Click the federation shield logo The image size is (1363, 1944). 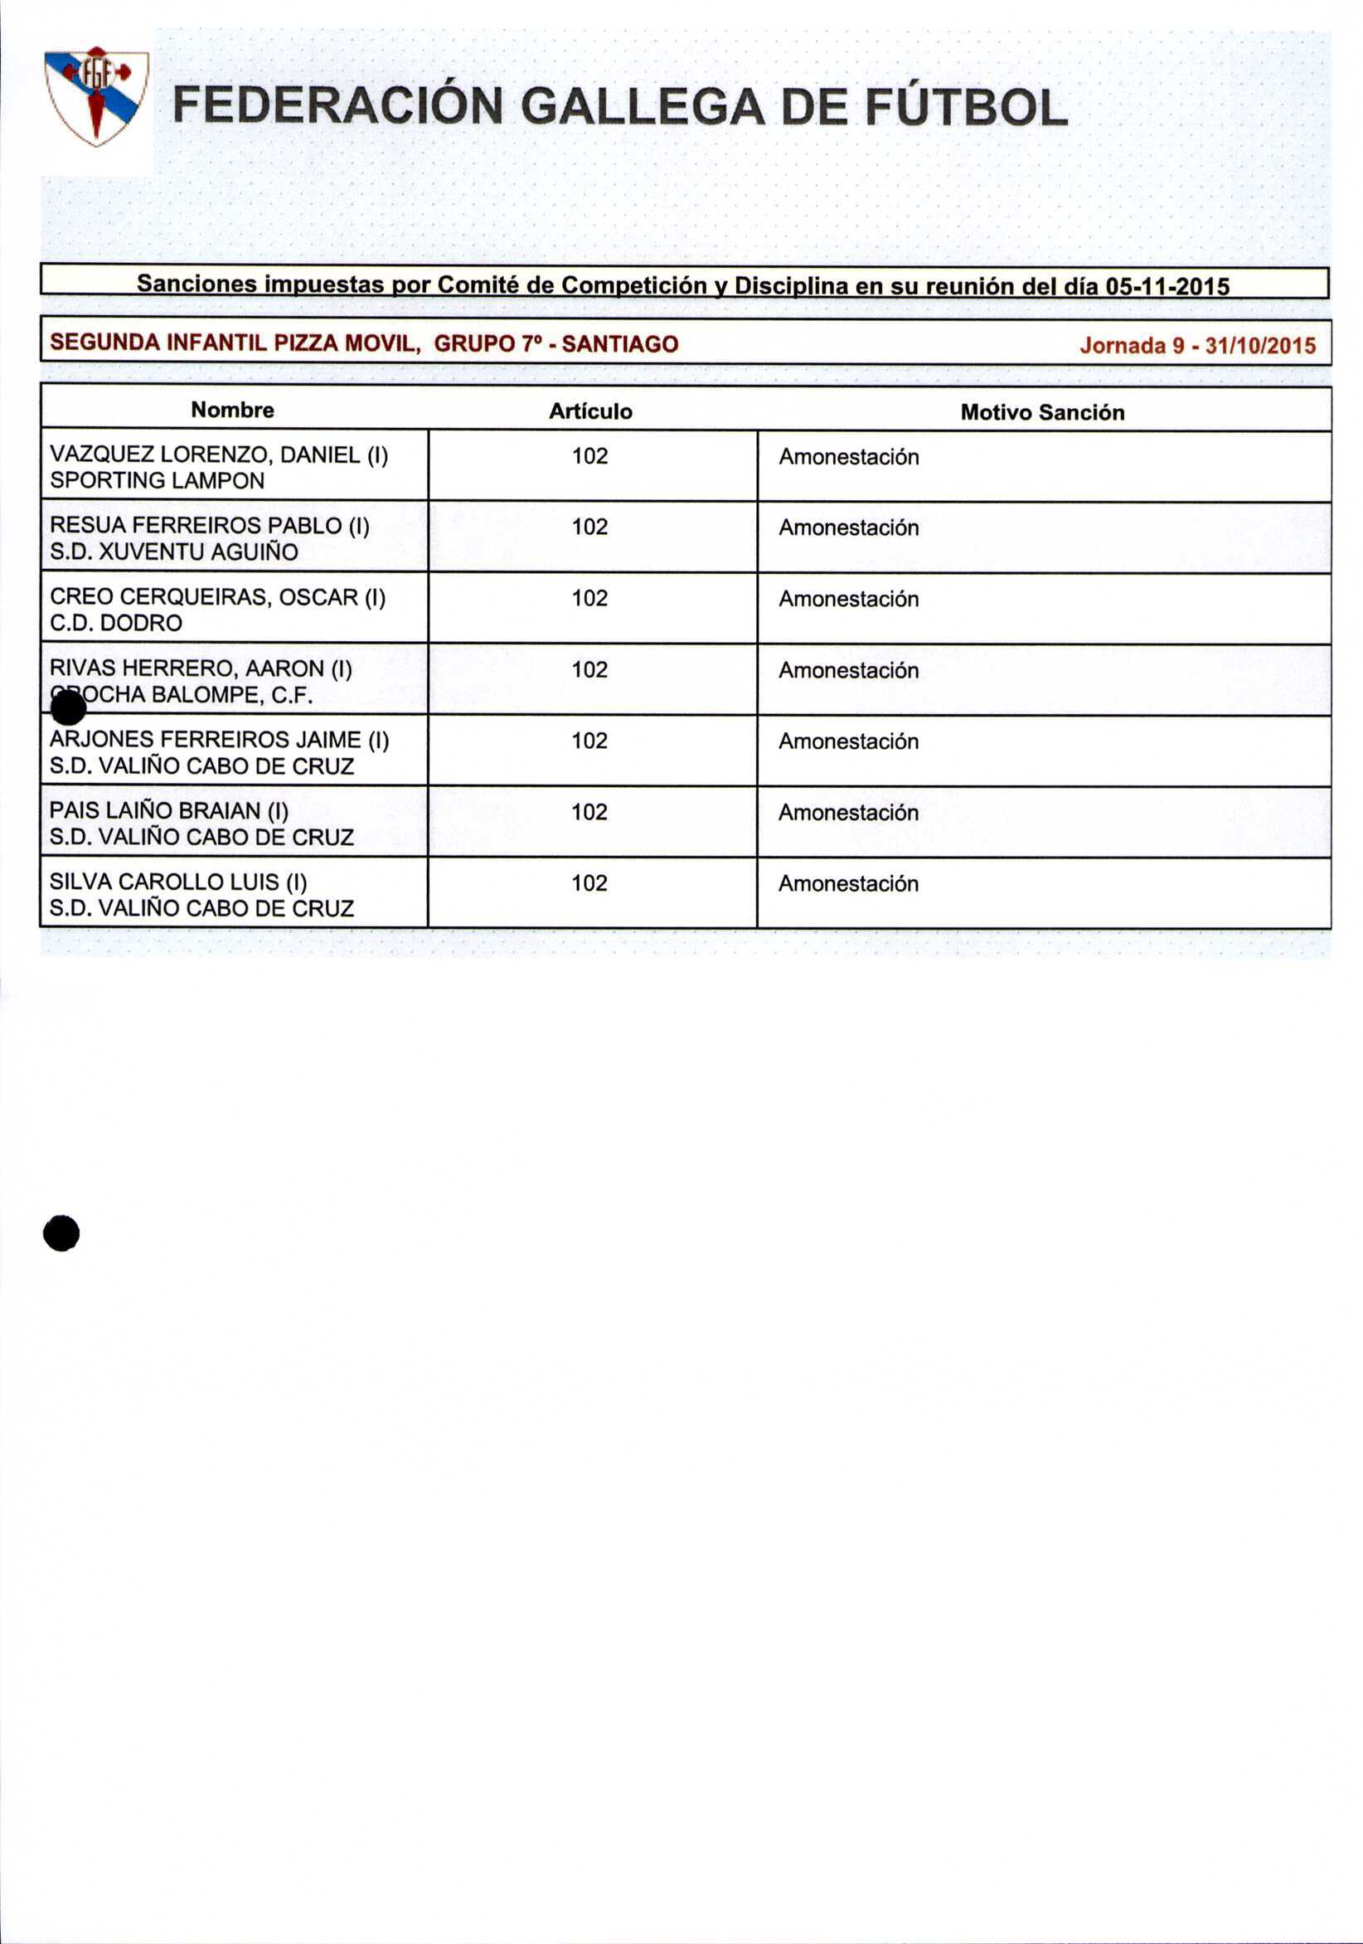(x=95, y=95)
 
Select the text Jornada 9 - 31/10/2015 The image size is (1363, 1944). (x=1197, y=345)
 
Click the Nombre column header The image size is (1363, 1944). (x=233, y=410)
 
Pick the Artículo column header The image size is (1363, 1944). (x=590, y=411)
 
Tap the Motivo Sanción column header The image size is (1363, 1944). (x=1041, y=412)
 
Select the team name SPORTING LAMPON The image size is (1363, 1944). (x=158, y=480)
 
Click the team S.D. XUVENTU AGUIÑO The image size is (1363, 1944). (x=173, y=552)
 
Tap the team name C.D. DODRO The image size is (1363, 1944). (x=116, y=622)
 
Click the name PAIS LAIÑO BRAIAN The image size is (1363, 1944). (x=168, y=810)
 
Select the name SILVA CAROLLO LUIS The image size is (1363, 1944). (x=177, y=882)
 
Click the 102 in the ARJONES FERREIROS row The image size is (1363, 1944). (x=589, y=741)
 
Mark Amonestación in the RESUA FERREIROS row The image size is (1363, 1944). (x=848, y=527)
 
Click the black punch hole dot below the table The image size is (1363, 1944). (x=62, y=1232)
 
